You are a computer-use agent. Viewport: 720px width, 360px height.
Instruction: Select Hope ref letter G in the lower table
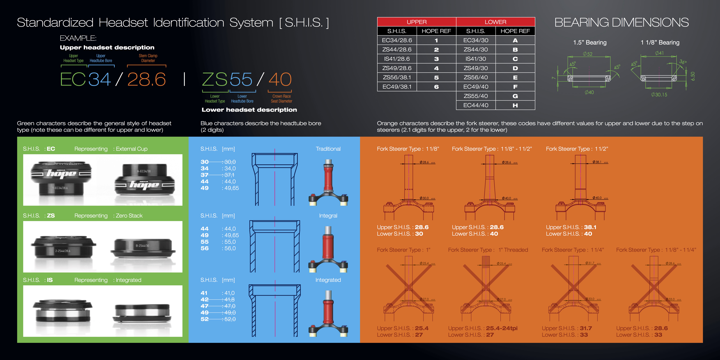tap(515, 96)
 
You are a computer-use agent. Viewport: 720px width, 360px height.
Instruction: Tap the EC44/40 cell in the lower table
tap(476, 105)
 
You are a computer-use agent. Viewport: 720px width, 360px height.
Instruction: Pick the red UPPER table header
tap(416, 22)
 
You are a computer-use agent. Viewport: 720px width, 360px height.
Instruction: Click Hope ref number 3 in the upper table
tap(436, 59)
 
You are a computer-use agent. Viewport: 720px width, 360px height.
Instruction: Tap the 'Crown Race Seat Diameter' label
tap(281, 99)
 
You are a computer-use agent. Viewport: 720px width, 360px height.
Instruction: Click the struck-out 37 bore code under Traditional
tap(205, 175)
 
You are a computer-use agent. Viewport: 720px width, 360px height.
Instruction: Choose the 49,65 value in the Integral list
tap(231, 235)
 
